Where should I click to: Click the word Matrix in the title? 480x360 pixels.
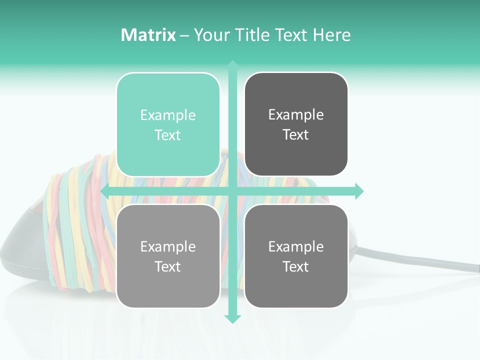pos(148,35)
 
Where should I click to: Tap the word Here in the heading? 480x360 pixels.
pos(331,35)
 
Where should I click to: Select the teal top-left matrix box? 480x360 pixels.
pos(168,124)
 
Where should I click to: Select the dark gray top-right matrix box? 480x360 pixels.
pos(296,124)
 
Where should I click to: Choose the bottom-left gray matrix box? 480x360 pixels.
pos(168,256)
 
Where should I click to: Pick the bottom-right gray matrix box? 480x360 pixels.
pos(296,256)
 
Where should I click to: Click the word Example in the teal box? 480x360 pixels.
pos(168,115)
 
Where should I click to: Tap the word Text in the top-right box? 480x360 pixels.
pos(296,135)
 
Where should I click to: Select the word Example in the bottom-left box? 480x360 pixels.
pos(168,246)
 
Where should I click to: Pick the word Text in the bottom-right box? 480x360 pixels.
pos(296,266)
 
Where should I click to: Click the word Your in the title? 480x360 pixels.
pos(210,35)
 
